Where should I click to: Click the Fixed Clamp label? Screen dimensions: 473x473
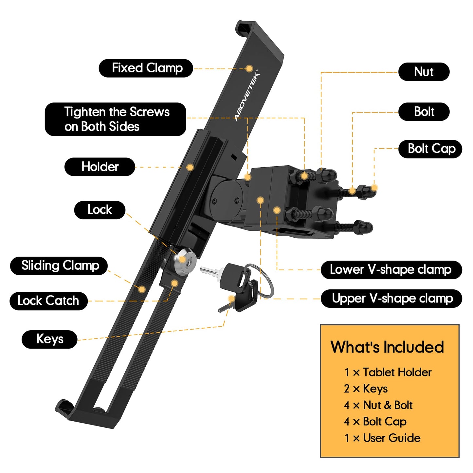pyautogui.click(x=146, y=68)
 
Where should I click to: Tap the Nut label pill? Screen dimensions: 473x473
pyautogui.click(x=424, y=72)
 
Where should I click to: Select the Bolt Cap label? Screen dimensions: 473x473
pyautogui.click(x=430, y=149)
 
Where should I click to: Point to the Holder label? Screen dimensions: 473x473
pyautogui.click(x=100, y=167)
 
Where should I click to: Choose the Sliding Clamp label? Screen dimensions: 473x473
pyautogui.click(x=59, y=266)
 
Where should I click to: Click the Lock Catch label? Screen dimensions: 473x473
pyautogui.click(x=48, y=301)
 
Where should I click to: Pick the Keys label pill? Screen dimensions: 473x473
pyautogui.click(x=50, y=339)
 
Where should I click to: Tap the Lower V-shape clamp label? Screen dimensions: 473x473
pyautogui.click(x=391, y=270)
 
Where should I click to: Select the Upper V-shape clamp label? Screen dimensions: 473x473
pyautogui.click(x=391, y=299)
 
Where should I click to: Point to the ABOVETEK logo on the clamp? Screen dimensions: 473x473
pyautogui.click(x=247, y=96)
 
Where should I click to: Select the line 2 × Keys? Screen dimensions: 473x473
pyautogui.click(x=366, y=389)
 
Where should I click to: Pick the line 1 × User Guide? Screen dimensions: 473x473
pyautogui.click(x=382, y=438)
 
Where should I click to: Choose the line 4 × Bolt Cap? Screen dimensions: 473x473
pyautogui.click(x=375, y=422)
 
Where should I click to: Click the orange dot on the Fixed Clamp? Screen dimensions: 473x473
pyautogui.click(x=249, y=68)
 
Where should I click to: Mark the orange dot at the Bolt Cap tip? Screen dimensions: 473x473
pyautogui.click(x=375, y=188)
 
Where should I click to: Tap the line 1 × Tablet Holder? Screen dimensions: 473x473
pyautogui.click(x=388, y=372)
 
